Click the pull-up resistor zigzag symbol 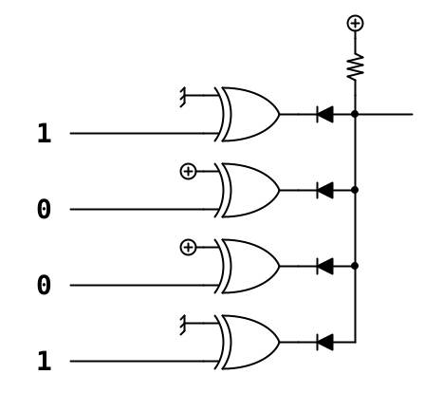click(355, 66)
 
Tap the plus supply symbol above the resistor click(355, 23)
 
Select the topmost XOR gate click(248, 114)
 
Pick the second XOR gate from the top click(248, 190)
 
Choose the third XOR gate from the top click(248, 266)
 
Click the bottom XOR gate click(248, 342)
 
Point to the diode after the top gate click(324, 114)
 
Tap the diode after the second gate click(324, 190)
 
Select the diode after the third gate click(324, 266)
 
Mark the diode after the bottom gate click(324, 342)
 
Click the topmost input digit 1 click(44, 133)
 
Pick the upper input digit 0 click(44, 209)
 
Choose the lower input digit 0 click(44, 285)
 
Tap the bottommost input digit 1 click(44, 361)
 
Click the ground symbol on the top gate click(183, 97)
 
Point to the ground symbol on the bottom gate click(183, 325)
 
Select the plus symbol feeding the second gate click(188, 171)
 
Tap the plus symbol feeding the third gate click(188, 247)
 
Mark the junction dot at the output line click(355, 114)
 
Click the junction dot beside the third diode click(355, 266)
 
